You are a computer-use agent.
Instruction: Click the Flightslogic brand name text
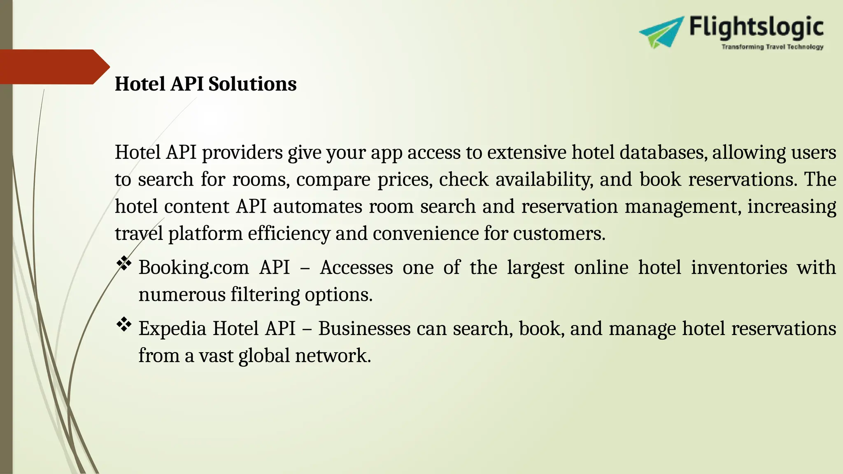tap(756, 28)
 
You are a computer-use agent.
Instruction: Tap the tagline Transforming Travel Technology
tap(772, 47)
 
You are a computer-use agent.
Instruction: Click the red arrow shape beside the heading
tap(54, 67)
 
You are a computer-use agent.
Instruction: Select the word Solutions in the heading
tap(252, 84)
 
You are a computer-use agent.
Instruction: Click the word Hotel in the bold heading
tap(140, 84)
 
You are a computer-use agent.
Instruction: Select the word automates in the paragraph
tap(317, 207)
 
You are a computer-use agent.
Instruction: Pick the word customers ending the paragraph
tap(559, 234)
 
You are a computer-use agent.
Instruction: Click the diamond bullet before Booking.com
tap(124, 263)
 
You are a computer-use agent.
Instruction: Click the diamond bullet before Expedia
tap(124, 325)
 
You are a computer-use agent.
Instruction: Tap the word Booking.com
tap(193, 267)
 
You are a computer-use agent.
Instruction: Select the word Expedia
tap(172, 329)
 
